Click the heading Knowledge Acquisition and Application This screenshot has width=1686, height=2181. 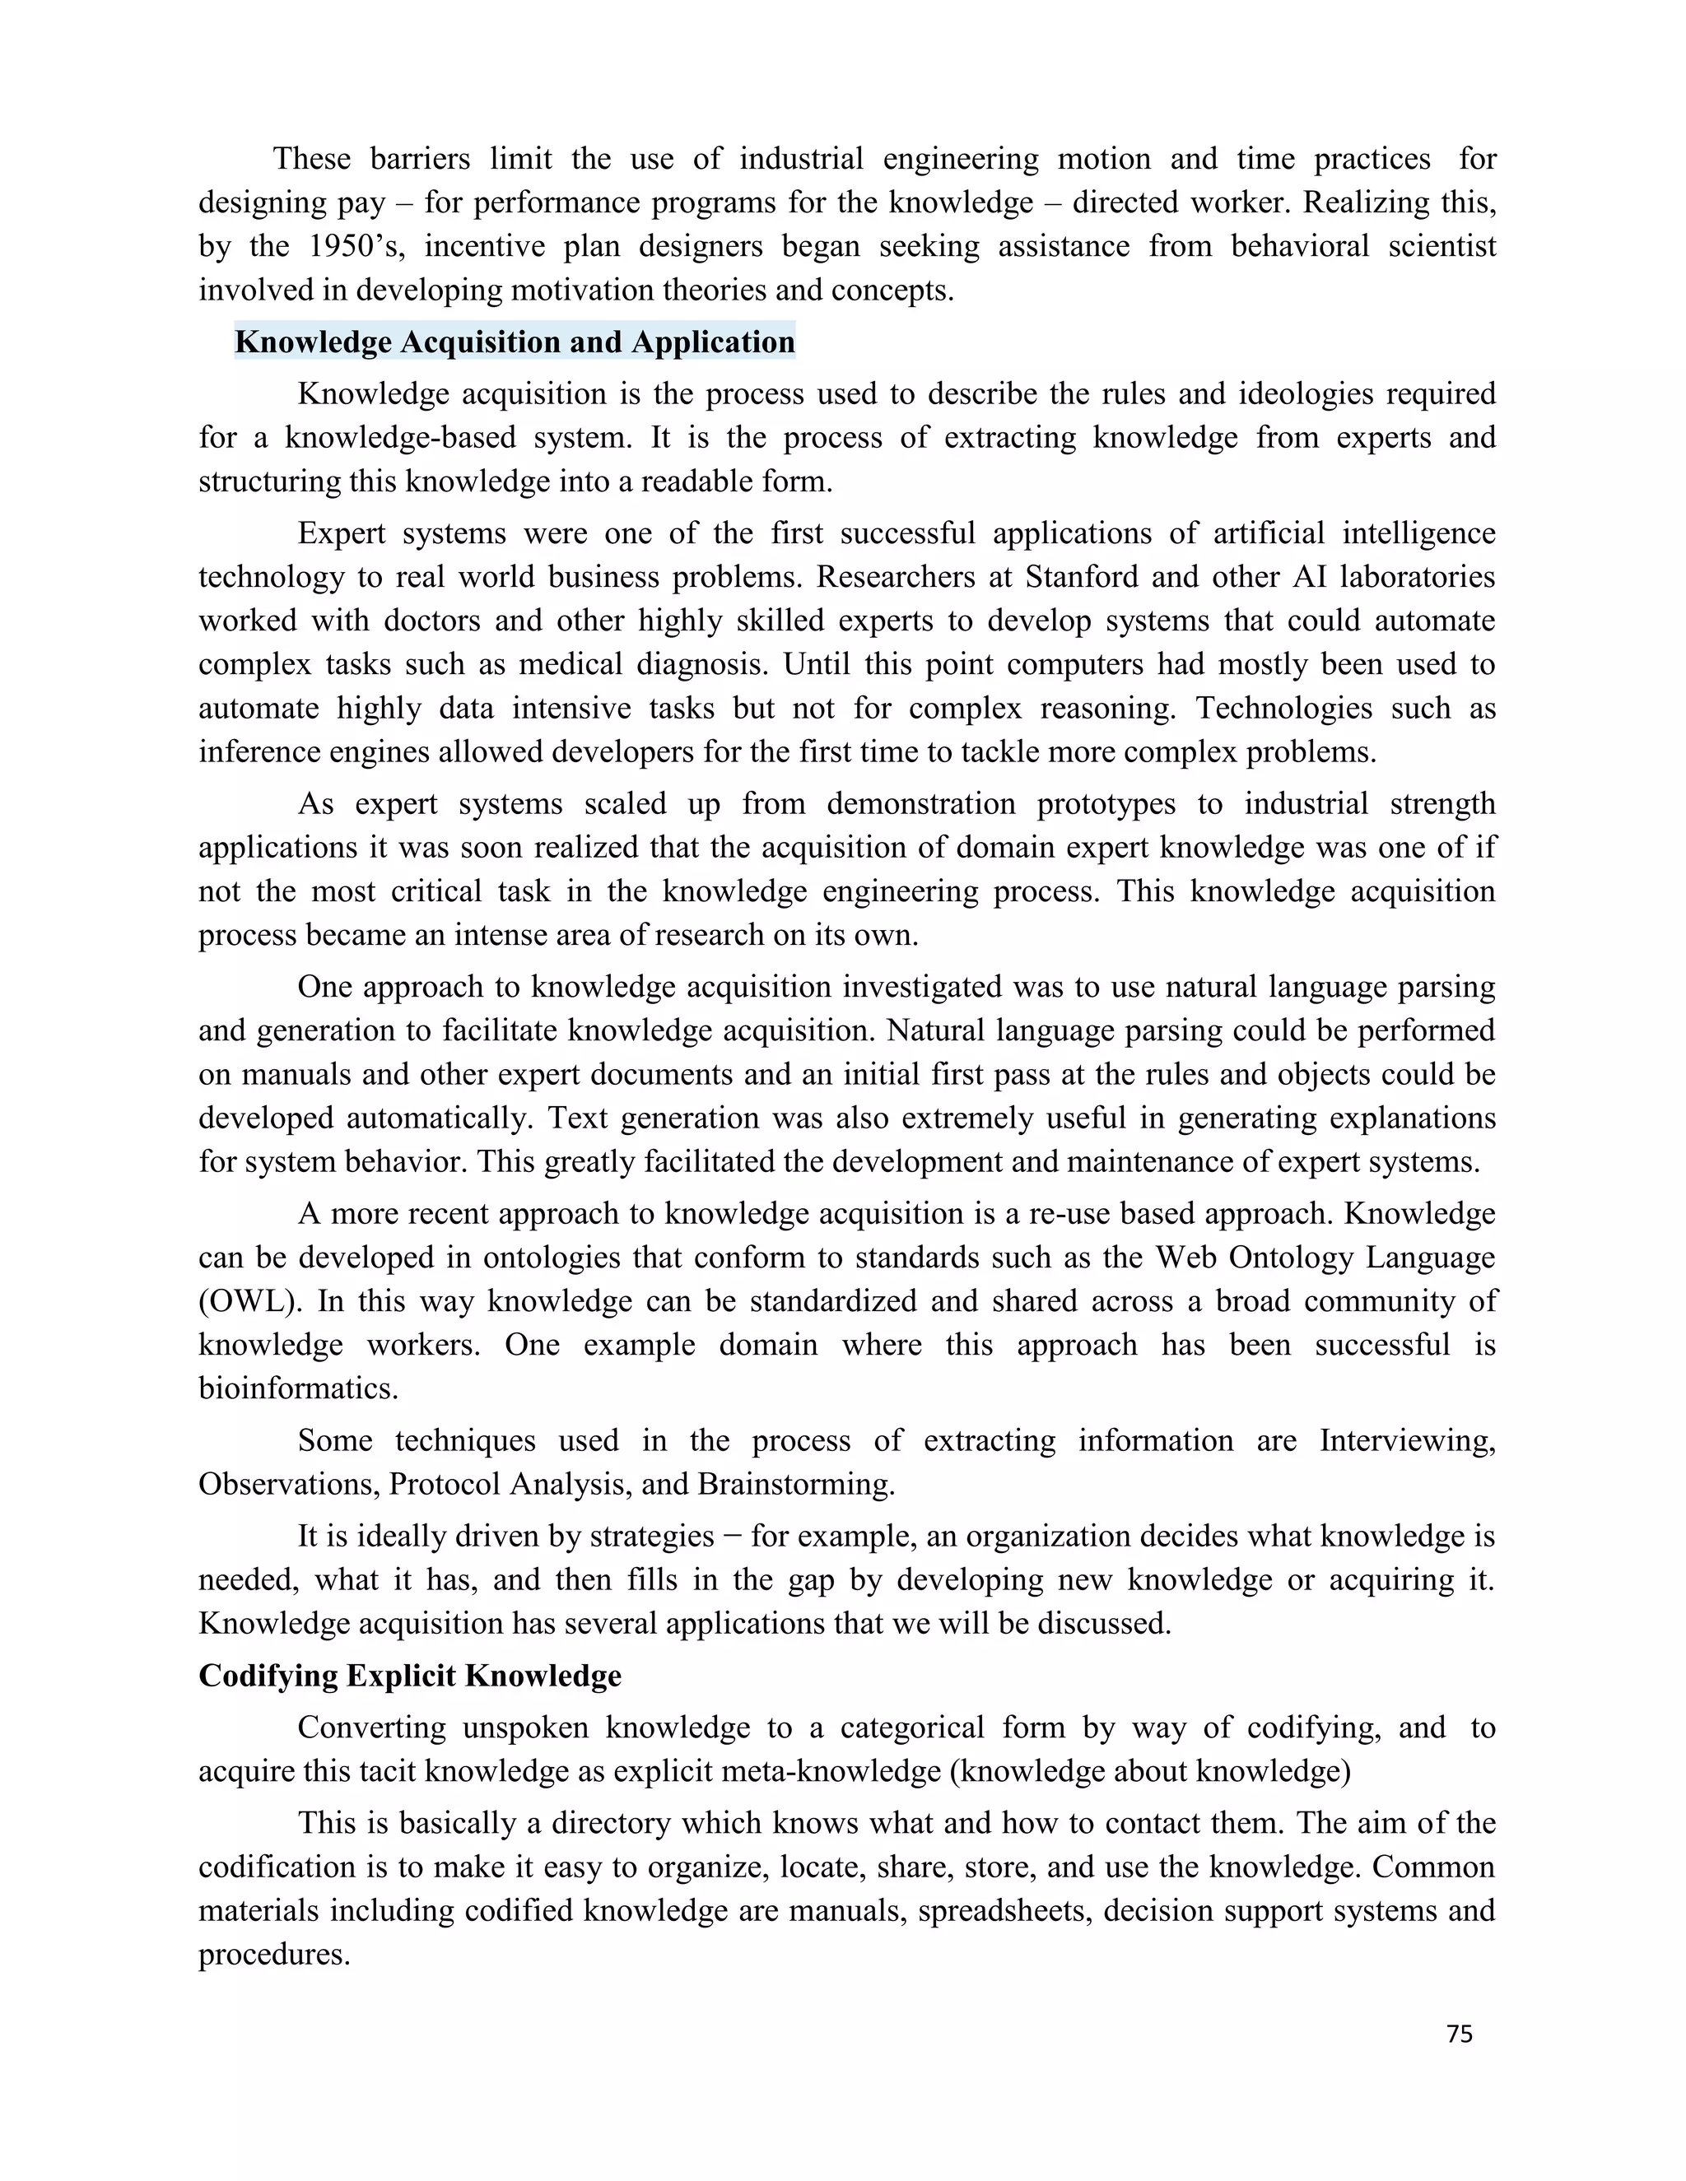point(515,342)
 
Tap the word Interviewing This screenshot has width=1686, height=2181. point(1406,1440)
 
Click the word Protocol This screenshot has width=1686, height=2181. point(445,1484)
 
